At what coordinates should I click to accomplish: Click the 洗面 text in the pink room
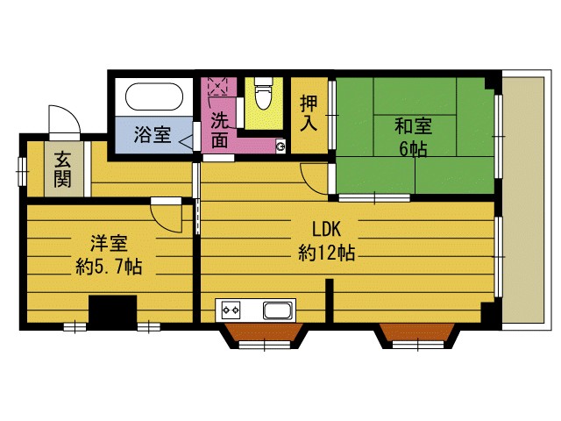tap(220, 129)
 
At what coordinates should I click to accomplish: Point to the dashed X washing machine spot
tap(216, 89)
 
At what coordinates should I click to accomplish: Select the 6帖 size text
tap(413, 148)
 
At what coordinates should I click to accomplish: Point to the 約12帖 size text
tap(326, 253)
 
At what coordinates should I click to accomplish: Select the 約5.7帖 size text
tap(108, 265)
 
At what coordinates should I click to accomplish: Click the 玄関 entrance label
tap(63, 169)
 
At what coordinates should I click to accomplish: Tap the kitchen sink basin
tap(278, 310)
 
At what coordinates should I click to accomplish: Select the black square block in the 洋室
tap(113, 312)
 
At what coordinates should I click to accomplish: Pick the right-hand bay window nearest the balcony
tap(415, 333)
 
